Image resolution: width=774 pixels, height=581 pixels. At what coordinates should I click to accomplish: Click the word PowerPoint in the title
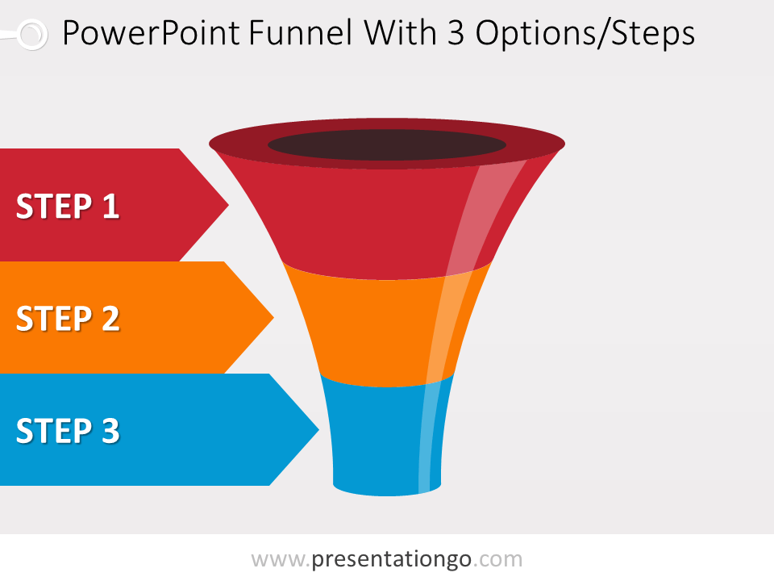pyautogui.click(x=150, y=34)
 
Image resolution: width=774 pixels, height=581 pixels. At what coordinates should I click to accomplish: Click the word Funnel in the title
pyautogui.click(x=300, y=34)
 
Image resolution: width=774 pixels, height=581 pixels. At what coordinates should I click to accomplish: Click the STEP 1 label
pyautogui.click(x=68, y=207)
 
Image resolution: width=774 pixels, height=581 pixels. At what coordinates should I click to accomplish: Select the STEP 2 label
pyautogui.click(x=68, y=319)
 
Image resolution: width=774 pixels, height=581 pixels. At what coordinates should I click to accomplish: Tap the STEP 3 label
pyautogui.click(x=68, y=431)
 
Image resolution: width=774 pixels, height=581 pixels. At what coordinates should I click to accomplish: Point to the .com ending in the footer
pyautogui.click(x=497, y=559)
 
